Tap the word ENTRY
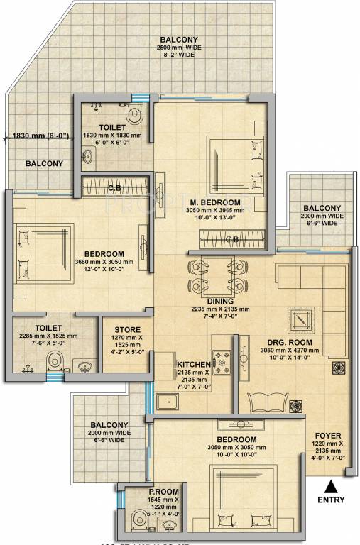[x=331, y=500]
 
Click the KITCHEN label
[x=194, y=365]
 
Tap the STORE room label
[x=128, y=330]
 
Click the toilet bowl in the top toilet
[x=134, y=114]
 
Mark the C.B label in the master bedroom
[x=231, y=239]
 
